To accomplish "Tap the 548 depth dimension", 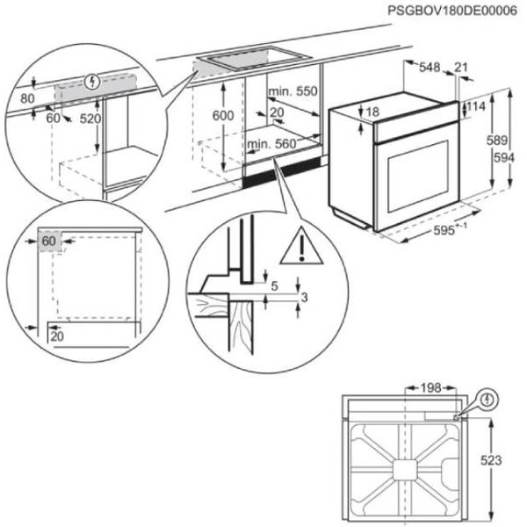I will pos(429,67).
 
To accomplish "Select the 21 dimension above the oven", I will pos(461,67).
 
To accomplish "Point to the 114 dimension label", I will pos(476,107).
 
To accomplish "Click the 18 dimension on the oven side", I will pos(373,112).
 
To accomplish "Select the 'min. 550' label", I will pos(292,92).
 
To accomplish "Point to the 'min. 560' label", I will pos(270,144).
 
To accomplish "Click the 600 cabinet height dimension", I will pos(224,117).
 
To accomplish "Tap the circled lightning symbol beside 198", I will pos(488,400).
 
